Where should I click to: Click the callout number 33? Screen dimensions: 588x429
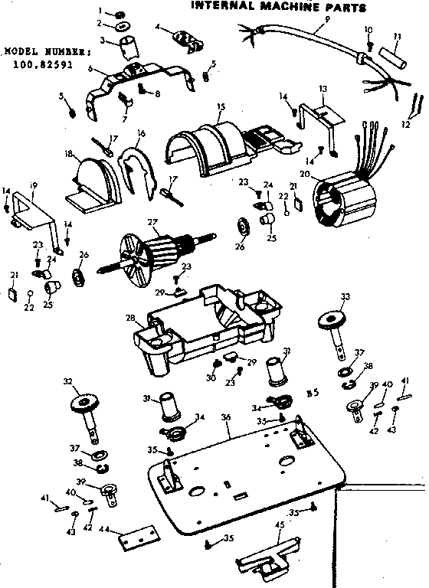coord(344,296)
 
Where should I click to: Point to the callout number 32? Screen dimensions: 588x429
coord(67,381)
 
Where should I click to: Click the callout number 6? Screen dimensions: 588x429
coord(90,69)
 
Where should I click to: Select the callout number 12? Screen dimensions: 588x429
coord(405,124)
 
